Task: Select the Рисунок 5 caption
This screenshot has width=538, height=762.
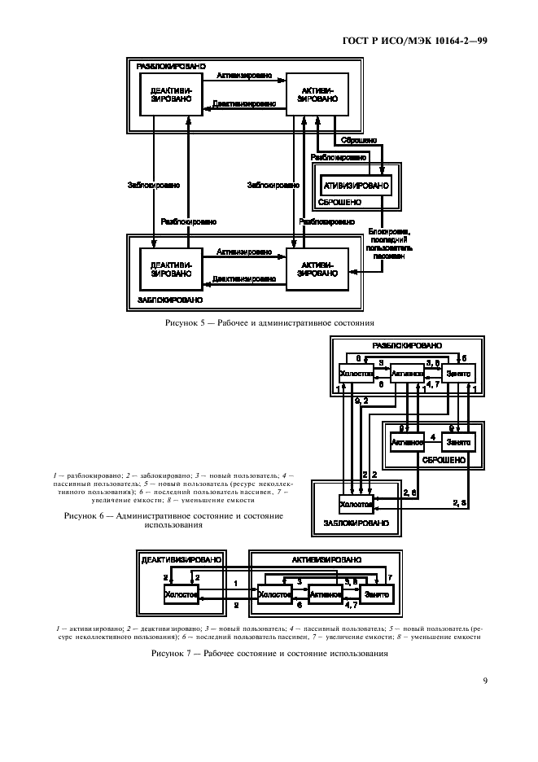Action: [269, 322]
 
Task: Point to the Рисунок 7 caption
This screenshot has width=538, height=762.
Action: [269, 653]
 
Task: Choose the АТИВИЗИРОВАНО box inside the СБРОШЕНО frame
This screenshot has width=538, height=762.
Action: [356, 185]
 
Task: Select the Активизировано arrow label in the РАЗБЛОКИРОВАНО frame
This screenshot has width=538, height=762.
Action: [244, 75]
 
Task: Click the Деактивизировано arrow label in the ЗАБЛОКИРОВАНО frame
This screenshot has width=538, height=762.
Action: [242, 280]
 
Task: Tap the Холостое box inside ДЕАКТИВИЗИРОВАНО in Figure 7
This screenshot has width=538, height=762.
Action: [181, 595]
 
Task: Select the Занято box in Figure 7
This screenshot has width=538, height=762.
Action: [377, 595]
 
